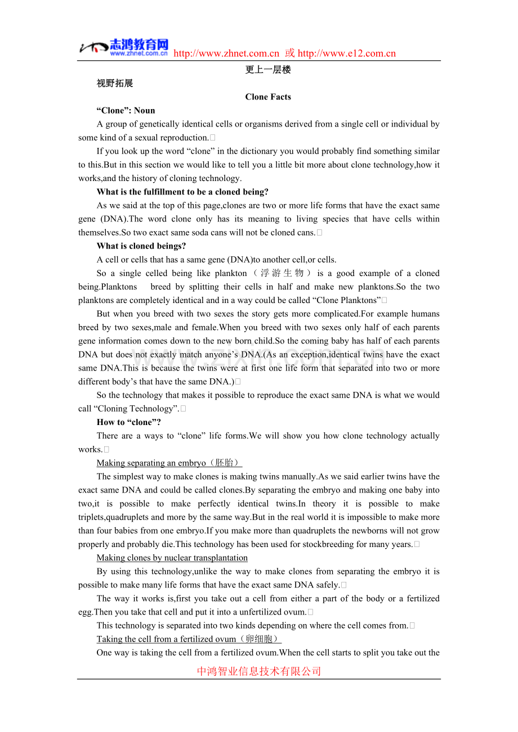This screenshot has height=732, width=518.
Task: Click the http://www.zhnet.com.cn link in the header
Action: tap(226, 54)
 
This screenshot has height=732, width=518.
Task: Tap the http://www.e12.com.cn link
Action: tap(346, 54)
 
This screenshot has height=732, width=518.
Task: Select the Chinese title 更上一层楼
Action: tap(268, 70)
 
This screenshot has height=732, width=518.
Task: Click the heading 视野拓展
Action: tap(115, 84)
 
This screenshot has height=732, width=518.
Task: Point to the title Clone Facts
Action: tap(268, 97)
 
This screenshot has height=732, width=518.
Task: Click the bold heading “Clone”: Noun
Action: tap(126, 111)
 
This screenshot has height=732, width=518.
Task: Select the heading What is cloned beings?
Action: tap(141, 246)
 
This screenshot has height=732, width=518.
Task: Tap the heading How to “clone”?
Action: tap(129, 422)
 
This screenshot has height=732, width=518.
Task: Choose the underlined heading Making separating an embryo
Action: tap(151, 463)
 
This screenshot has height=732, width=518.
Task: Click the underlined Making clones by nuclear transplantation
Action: tap(172, 558)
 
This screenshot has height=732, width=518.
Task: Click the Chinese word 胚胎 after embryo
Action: tap(224, 463)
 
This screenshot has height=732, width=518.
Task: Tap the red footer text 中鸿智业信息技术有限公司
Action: tap(259, 671)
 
